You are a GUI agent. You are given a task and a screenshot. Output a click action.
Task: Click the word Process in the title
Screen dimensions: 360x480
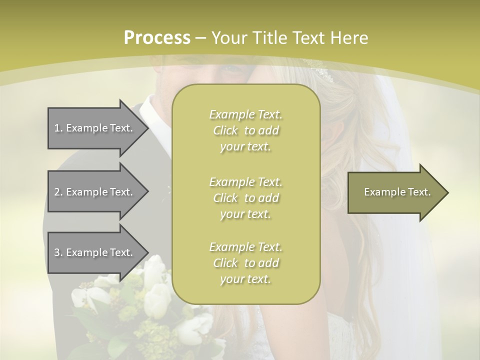[157, 38]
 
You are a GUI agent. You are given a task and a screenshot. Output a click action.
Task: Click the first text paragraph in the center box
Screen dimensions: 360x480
[245, 130]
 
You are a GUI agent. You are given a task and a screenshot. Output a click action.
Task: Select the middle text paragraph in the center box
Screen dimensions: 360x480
[245, 198]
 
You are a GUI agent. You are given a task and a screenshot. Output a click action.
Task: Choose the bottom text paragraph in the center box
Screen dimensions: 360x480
[245, 263]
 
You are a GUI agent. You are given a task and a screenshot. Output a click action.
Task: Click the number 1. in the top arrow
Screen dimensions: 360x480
[58, 128]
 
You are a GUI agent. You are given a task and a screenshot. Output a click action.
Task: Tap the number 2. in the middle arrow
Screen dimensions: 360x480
[58, 192]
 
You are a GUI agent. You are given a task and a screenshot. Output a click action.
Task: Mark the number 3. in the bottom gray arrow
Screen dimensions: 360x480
[58, 252]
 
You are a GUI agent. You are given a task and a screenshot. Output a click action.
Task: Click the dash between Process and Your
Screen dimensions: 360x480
[201, 38]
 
